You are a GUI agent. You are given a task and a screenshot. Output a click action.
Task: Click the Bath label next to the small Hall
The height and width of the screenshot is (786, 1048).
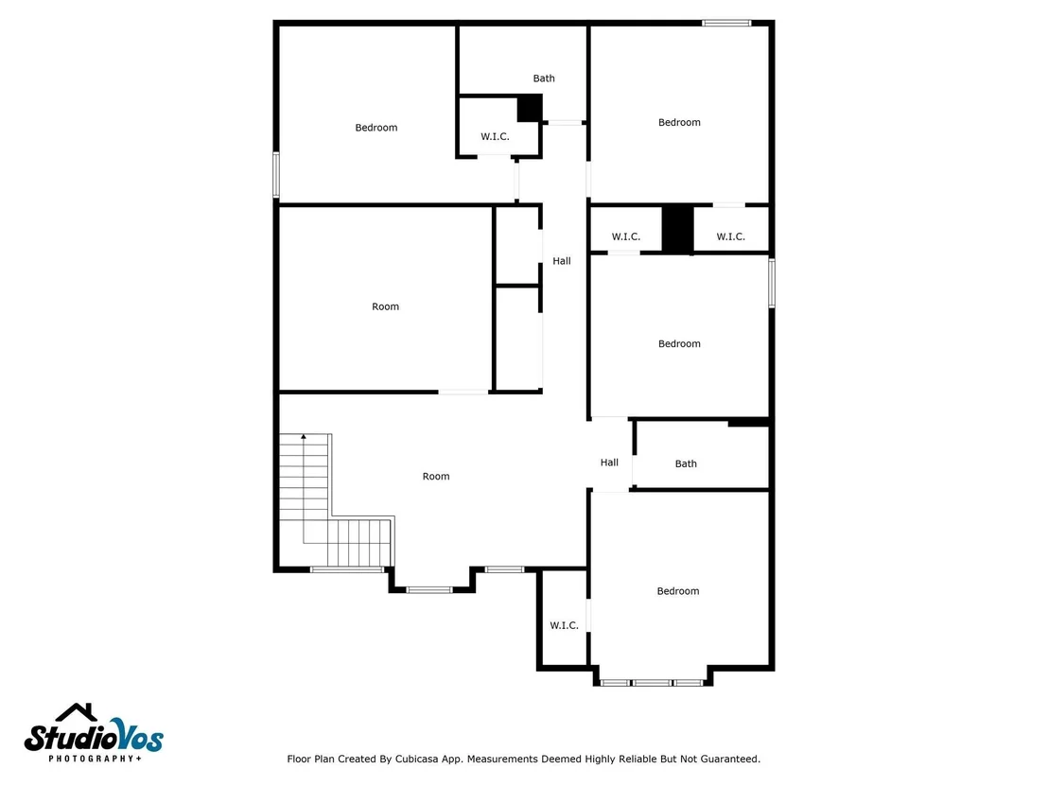(686, 463)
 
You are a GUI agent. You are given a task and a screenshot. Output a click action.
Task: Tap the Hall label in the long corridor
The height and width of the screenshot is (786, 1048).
(562, 261)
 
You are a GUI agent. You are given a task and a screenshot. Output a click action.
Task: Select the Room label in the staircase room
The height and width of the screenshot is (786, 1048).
(436, 476)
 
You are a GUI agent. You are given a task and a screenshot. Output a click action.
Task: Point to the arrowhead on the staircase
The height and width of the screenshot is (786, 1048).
(304, 436)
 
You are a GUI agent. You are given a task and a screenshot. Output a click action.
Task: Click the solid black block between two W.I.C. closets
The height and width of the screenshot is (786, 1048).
(678, 229)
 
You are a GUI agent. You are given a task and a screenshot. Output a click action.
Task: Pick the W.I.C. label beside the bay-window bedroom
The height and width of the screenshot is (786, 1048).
(564, 625)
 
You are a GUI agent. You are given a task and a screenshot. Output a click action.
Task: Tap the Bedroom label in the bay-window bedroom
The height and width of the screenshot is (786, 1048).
(678, 591)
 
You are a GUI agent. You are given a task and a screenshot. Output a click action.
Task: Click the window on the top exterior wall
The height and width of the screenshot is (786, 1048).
(726, 24)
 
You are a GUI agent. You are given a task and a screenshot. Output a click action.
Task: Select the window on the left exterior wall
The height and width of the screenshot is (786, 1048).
(276, 174)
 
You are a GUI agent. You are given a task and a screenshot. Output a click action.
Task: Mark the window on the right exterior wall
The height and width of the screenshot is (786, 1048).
(771, 284)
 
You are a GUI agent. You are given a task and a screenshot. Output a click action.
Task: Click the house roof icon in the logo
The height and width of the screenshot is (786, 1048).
(77, 712)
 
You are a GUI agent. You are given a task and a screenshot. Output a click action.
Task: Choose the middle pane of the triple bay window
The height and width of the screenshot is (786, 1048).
(653, 682)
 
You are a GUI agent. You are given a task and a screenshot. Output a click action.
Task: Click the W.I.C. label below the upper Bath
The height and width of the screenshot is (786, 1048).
(495, 136)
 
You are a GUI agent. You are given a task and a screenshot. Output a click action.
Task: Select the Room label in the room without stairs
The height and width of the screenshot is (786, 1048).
(385, 306)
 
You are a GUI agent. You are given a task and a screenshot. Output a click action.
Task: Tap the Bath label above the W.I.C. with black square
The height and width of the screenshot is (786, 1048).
(543, 79)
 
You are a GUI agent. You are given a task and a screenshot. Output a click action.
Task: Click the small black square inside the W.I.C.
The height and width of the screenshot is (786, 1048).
(530, 108)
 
